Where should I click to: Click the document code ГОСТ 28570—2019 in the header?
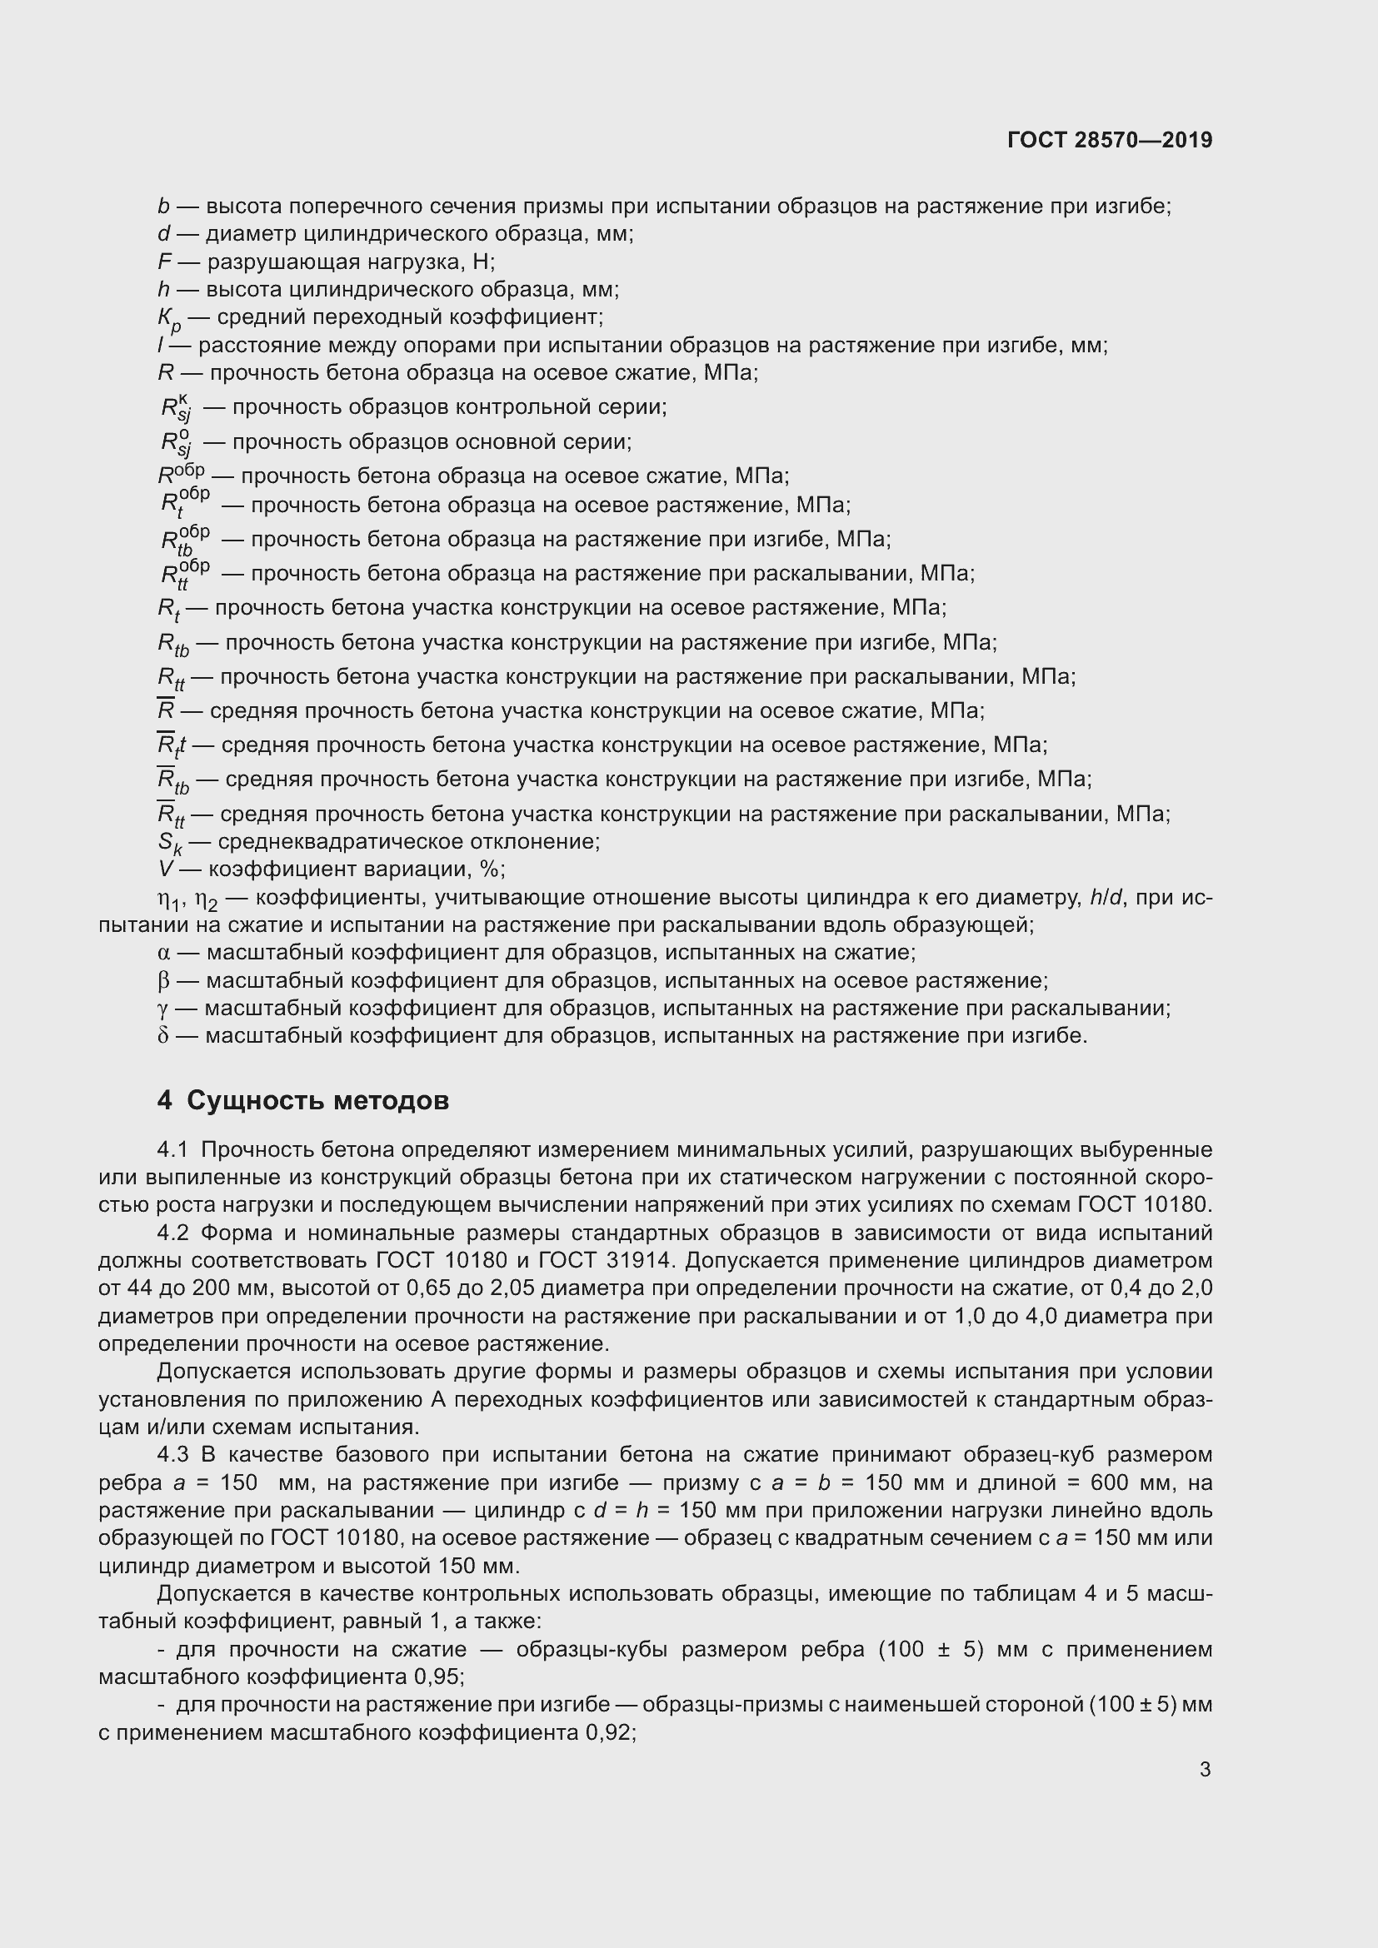tap(1110, 140)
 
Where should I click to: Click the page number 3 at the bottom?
tap(1205, 1769)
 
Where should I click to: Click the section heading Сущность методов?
tap(317, 1100)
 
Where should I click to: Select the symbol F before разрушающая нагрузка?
tap(164, 262)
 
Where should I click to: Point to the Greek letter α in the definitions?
tap(164, 953)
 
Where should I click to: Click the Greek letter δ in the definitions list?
tap(164, 1036)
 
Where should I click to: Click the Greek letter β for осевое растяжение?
tap(164, 981)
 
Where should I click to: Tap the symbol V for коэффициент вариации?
tap(165, 869)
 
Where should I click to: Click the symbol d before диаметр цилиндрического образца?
tap(164, 233)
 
